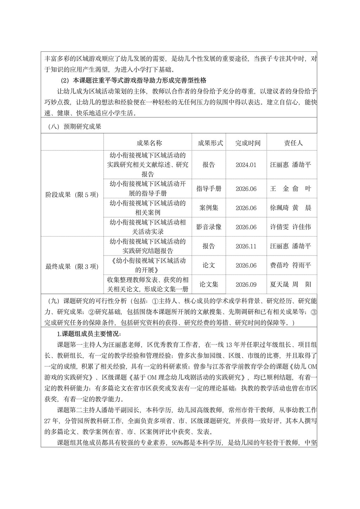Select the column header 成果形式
pos(211,143)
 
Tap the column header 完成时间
pos(248,143)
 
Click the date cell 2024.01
pos(246,165)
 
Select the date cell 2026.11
pos(246,246)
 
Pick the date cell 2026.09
pos(246,284)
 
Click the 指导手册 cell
pos(209,188)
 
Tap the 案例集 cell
pos(209,208)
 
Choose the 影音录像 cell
pos(209,227)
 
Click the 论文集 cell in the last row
pos(209,284)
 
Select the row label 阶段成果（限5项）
pos(72,195)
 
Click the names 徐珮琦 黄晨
pos(290,208)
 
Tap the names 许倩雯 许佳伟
pos(290,227)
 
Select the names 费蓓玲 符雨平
pos(290,265)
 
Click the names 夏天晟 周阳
pos(290,284)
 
